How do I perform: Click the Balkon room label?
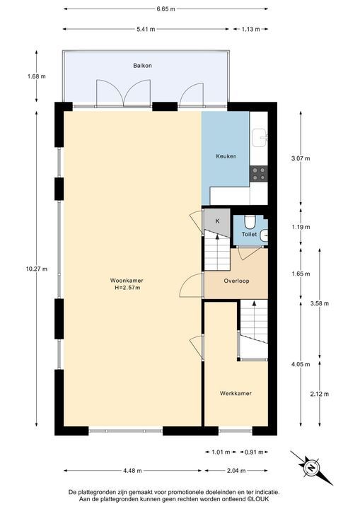(142, 66)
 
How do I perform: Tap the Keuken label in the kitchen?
(226, 156)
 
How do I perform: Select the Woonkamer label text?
(127, 281)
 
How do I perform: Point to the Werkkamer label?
(236, 394)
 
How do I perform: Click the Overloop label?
(236, 281)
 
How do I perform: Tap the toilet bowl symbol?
(250, 222)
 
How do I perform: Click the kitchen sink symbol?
(260, 139)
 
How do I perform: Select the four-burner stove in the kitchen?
(259, 173)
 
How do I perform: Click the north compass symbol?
(311, 468)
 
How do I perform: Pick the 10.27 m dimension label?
(37, 269)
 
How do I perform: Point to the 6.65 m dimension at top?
(166, 9)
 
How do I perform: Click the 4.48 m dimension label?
(132, 471)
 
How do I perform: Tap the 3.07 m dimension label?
(301, 159)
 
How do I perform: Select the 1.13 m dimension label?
(251, 29)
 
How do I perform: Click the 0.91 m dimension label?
(254, 452)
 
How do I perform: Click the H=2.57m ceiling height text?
(127, 288)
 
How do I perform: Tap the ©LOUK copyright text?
(258, 499)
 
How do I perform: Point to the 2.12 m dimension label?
(320, 394)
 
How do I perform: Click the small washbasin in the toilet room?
(264, 235)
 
